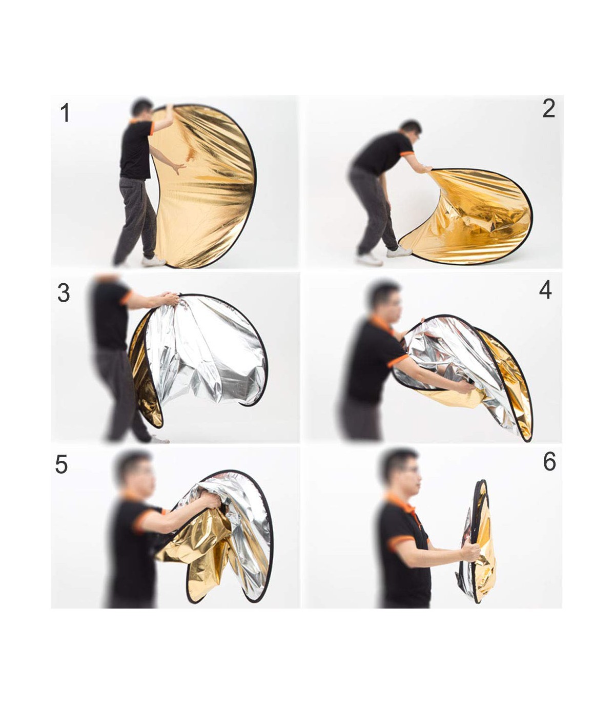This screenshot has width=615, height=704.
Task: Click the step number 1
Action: [65, 113]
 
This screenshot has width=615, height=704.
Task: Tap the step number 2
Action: [549, 109]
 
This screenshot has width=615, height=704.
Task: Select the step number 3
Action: [64, 293]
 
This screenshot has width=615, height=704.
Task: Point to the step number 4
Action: [546, 290]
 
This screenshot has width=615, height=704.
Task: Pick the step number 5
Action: [61, 464]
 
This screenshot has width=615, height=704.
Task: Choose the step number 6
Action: [549, 461]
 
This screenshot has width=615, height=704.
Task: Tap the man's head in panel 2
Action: [411, 130]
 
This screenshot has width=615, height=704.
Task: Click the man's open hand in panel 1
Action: [179, 168]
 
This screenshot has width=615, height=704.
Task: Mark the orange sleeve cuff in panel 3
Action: [126, 298]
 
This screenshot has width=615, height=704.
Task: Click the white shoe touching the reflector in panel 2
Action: [399, 252]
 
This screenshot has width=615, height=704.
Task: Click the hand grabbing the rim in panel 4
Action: [465, 387]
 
